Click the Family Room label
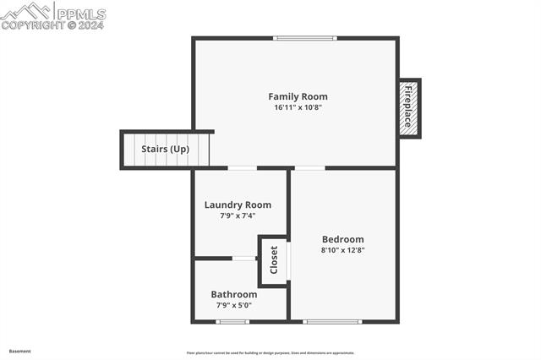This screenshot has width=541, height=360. click(298, 96)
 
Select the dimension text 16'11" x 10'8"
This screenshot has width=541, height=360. click(298, 107)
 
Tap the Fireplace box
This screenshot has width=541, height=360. click(409, 108)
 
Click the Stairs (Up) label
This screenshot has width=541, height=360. click(165, 150)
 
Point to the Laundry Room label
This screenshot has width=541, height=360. click(238, 205)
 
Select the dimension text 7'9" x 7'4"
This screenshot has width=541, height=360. click(238, 215)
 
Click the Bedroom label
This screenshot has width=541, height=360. click(342, 239)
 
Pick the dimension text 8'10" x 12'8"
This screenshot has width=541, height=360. click(342, 250)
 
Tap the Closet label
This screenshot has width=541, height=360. click(274, 261)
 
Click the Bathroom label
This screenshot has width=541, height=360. click(234, 294)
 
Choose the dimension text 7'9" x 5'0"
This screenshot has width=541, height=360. click(234, 305)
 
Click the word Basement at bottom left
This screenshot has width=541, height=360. click(19, 351)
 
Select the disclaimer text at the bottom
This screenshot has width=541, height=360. click(270, 353)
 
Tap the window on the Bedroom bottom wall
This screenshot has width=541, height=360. click(332, 321)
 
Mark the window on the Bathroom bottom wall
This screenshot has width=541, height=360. click(232, 321)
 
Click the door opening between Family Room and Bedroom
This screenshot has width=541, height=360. click(309, 168)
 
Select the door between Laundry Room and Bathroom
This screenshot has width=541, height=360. click(243, 258)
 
